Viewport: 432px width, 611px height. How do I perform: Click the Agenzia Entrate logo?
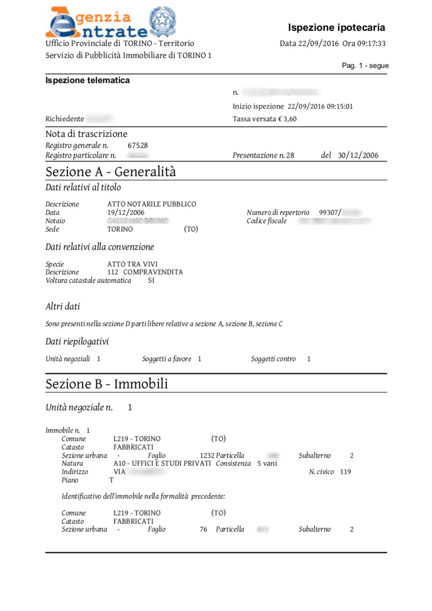point(96,23)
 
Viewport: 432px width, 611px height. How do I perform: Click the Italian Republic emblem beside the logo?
point(162,21)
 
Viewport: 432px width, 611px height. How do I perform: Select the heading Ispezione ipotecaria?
point(336,28)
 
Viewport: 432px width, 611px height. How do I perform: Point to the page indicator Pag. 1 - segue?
point(365,66)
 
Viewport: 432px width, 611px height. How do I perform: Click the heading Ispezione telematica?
point(87,80)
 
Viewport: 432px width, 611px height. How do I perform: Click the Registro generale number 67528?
point(138,145)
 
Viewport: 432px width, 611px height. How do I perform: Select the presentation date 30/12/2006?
point(358,155)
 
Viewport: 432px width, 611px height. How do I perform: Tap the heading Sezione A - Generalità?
point(111,172)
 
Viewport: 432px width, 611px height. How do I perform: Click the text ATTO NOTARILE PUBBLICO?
point(152,204)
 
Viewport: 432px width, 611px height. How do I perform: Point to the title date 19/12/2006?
point(126,212)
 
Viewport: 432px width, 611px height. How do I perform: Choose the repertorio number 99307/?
point(330,212)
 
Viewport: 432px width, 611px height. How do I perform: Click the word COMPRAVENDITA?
point(153,272)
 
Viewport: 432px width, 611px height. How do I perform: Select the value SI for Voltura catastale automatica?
point(151,281)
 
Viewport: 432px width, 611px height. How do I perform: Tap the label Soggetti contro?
point(273,359)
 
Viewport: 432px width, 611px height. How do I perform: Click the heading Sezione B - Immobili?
point(107,384)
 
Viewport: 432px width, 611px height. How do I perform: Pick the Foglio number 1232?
point(207,455)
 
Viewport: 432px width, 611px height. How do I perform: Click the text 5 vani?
point(267,464)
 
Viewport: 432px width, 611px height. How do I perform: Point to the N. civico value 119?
point(345,472)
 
